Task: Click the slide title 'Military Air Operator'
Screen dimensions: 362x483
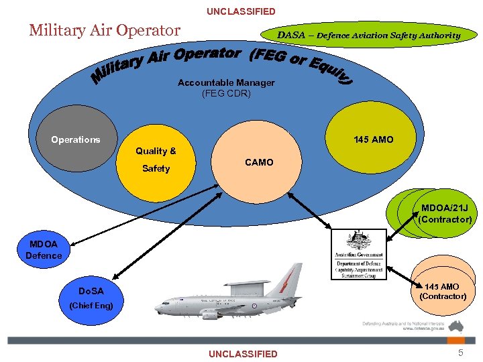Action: pos(105,30)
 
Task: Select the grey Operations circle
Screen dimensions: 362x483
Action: pos(76,139)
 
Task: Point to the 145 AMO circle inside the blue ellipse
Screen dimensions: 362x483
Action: pos(374,139)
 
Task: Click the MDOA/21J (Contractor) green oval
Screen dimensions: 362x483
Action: pos(443,213)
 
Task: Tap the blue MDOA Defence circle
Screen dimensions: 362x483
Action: pos(44,249)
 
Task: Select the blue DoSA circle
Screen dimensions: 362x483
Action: pos(93,291)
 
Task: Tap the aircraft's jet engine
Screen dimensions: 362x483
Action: pos(210,313)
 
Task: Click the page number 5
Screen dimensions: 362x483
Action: pos(460,353)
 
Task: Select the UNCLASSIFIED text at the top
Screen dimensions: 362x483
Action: pos(241,11)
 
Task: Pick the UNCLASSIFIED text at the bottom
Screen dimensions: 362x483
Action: pos(242,354)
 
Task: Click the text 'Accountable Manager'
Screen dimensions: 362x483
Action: pos(226,82)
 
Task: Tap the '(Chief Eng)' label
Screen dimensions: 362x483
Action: pos(91,306)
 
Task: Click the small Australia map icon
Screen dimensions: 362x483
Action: pos(457,326)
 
